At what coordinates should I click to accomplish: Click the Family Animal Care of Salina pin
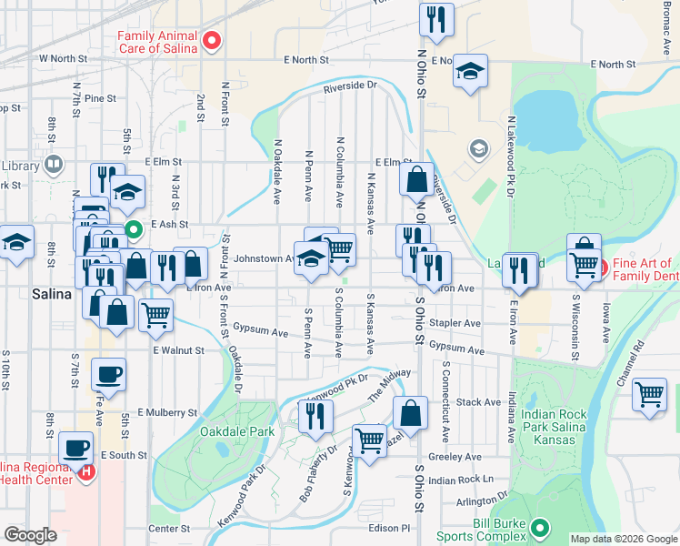click(212, 39)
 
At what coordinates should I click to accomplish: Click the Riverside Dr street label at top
click(350, 86)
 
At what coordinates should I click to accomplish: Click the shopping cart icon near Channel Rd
click(649, 396)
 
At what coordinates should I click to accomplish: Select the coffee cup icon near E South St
click(76, 448)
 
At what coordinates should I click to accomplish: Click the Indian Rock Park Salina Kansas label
click(548, 427)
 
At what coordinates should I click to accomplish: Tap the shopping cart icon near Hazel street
click(369, 440)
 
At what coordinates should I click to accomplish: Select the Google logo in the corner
click(30, 535)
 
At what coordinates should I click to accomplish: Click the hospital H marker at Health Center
click(85, 471)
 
